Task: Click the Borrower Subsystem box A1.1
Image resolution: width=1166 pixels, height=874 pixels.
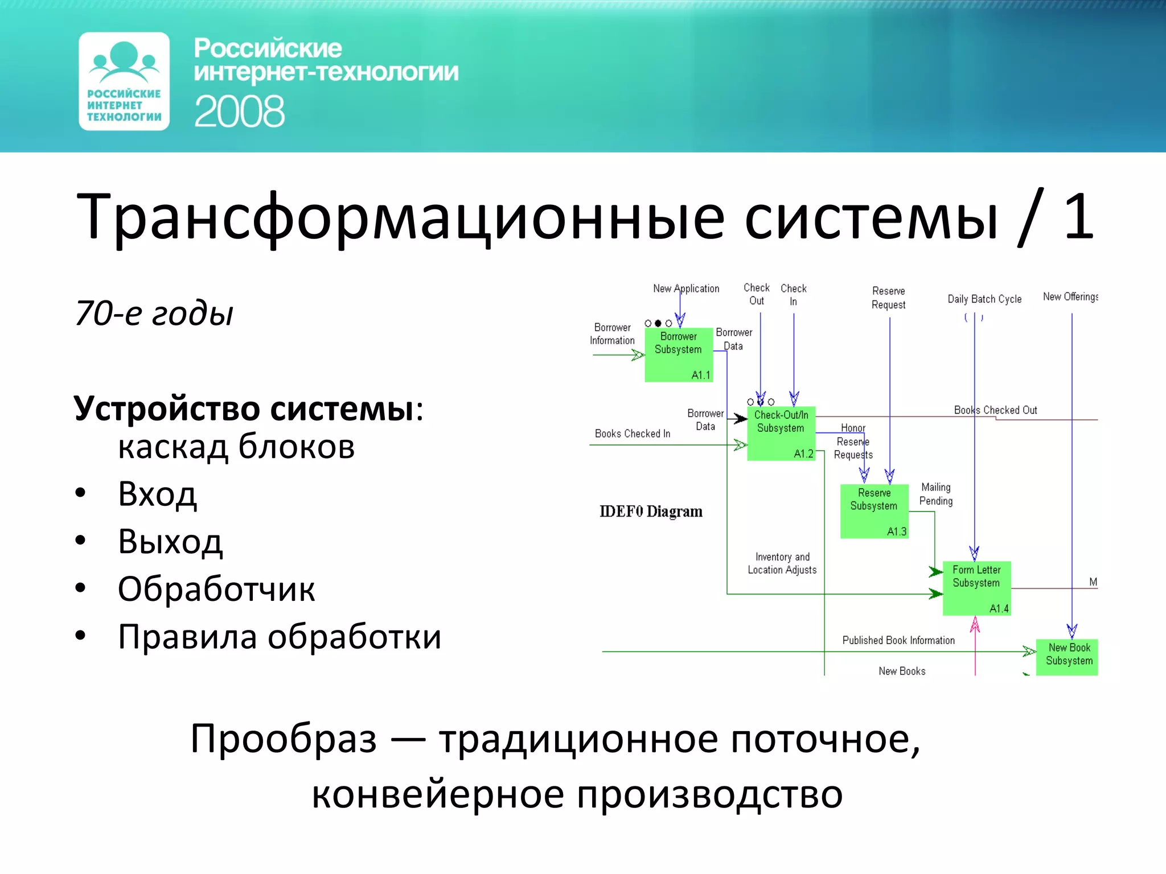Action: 678,354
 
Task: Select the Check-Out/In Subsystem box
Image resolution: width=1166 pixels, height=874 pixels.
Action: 781,433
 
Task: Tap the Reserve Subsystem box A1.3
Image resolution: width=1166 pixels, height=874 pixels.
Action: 874,511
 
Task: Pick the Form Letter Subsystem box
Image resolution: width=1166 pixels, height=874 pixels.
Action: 976,588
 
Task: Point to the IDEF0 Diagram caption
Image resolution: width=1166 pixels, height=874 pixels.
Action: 651,512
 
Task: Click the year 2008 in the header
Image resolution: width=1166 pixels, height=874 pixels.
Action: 239,112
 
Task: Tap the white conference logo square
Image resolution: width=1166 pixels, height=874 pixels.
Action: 124,81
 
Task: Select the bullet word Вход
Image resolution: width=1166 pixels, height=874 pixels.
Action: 157,494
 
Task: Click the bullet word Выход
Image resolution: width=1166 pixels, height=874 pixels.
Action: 170,541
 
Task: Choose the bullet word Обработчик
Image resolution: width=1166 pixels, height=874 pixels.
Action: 216,589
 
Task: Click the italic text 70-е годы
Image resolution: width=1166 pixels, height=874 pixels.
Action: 154,313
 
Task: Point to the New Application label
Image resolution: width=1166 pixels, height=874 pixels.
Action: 686,288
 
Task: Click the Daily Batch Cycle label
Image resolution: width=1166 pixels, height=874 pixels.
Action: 984,299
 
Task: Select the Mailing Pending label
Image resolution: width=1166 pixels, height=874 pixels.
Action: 935,494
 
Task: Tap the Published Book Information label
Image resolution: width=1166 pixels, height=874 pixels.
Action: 898,640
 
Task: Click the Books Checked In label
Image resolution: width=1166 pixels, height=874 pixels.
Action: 633,434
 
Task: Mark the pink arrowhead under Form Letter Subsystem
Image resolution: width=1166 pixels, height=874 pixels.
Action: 975,626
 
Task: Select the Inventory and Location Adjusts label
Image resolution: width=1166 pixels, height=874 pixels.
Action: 782,563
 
